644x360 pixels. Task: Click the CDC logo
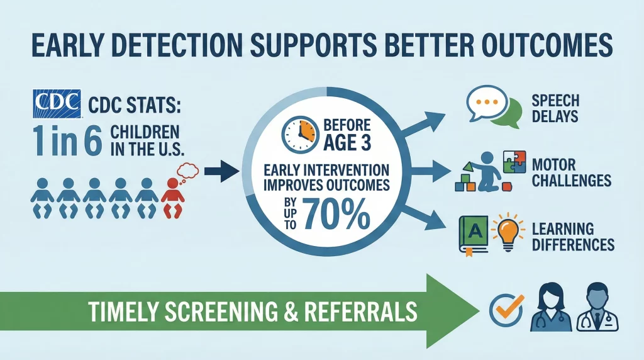click(x=57, y=104)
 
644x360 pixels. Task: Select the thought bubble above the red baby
click(x=187, y=172)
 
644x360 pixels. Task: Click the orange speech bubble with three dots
click(x=487, y=103)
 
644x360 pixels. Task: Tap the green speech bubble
click(x=508, y=113)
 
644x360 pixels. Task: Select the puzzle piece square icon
click(x=514, y=162)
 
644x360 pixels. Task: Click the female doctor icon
click(x=550, y=307)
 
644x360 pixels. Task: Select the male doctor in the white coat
click(x=597, y=307)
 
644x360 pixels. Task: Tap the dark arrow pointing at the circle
click(x=222, y=171)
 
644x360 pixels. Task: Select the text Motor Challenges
click(x=571, y=172)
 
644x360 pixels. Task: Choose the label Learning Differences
click(x=573, y=237)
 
